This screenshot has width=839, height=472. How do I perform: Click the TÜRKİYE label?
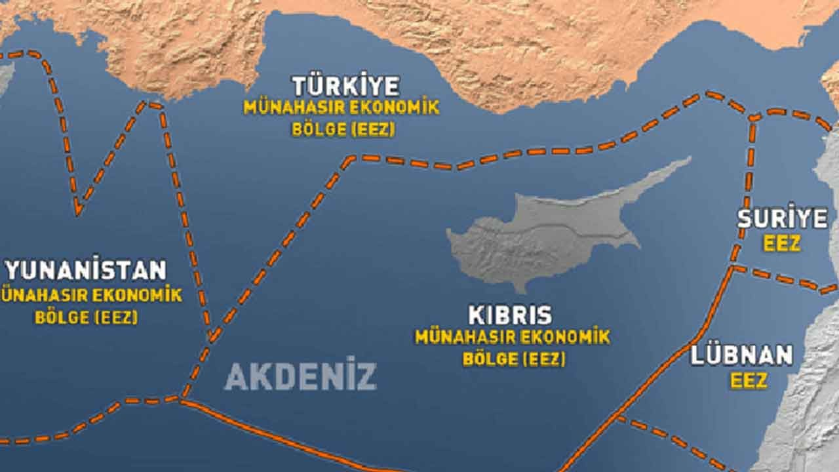tap(345, 86)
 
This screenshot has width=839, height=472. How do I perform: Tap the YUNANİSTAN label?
tap(86, 270)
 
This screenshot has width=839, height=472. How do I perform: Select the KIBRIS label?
tap(510, 315)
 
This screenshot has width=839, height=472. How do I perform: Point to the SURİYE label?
tap(783, 218)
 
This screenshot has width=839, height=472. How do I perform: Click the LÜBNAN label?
tap(741, 356)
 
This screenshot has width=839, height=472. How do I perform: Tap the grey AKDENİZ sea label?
tap(300, 376)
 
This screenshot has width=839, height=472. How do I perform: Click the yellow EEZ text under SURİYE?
tap(782, 244)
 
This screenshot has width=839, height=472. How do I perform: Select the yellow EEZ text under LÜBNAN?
tap(749, 381)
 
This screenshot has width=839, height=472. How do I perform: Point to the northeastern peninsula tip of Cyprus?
tap(688, 159)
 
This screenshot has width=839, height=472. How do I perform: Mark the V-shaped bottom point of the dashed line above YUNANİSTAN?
tap(78, 212)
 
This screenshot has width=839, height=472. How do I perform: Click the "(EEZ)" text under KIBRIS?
tap(541, 359)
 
